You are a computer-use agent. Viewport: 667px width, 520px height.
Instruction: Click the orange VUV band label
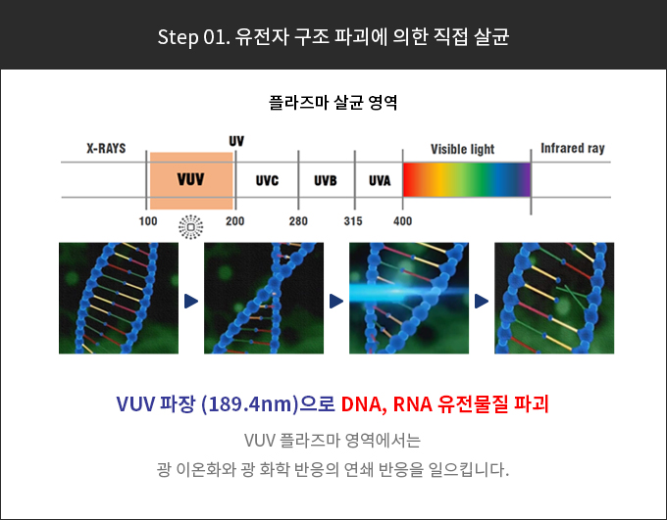190,179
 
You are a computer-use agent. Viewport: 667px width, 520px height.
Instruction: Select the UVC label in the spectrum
267,180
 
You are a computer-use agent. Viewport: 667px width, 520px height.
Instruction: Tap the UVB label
326,180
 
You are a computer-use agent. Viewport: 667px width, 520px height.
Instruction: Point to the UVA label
380,180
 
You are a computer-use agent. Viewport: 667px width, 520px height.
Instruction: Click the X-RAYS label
106,148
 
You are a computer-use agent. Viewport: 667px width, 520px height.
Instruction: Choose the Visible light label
462,149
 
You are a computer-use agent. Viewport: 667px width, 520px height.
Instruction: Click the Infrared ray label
573,148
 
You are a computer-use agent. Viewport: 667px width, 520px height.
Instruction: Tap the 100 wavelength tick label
148,221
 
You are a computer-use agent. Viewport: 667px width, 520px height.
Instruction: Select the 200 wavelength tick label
234,221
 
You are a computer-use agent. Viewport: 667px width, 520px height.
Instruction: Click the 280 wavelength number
298,221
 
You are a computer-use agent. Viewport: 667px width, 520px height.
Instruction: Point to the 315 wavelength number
353,221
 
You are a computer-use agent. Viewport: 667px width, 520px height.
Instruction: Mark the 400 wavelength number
402,221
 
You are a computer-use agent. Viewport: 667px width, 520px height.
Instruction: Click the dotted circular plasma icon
191,227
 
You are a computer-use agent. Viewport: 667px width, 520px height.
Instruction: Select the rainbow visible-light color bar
467,179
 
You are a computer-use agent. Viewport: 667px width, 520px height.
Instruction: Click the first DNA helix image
119,298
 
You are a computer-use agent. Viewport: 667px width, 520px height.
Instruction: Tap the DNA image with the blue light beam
409,298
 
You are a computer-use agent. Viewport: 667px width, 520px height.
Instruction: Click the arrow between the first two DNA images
191,302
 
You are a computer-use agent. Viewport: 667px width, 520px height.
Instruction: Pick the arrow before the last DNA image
482,302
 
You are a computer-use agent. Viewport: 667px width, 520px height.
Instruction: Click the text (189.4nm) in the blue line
250,404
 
